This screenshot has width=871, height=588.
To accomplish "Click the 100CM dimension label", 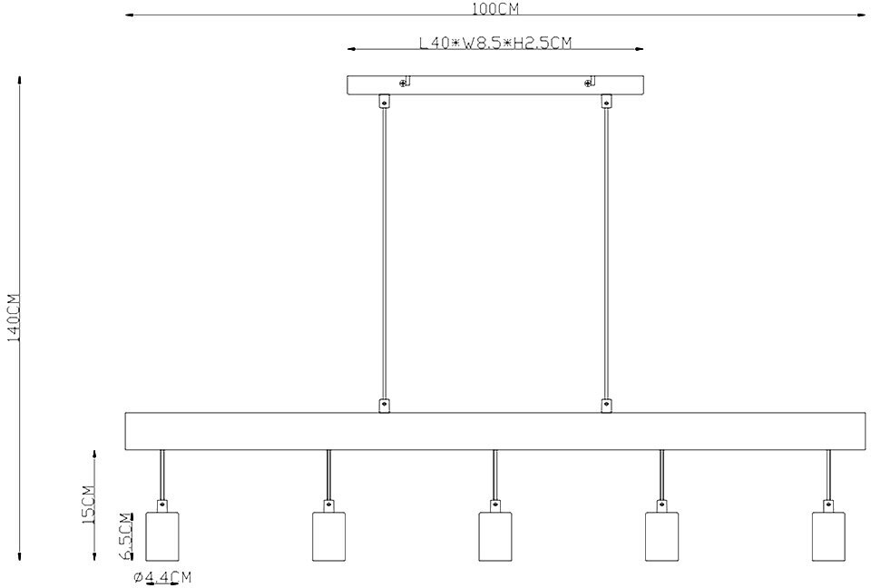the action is pyautogui.click(x=494, y=9).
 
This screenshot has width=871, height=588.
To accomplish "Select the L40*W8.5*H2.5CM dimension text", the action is pyautogui.click(x=495, y=43).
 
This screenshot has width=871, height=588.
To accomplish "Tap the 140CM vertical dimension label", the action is pyautogui.click(x=14, y=318).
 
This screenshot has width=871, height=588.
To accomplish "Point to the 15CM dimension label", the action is pyautogui.click(x=89, y=505).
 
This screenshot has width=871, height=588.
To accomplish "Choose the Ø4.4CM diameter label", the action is pyautogui.click(x=162, y=577).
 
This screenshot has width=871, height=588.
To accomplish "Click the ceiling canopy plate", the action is pyautogui.click(x=495, y=84).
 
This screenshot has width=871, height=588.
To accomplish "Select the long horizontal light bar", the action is pyautogui.click(x=494, y=431).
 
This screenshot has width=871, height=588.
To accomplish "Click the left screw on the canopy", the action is pyautogui.click(x=404, y=83).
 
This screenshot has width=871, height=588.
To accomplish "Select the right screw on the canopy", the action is pyautogui.click(x=589, y=83).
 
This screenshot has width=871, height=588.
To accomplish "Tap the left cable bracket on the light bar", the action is pyautogui.click(x=384, y=406).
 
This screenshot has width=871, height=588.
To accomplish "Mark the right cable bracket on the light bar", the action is pyautogui.click(x=606, y=406).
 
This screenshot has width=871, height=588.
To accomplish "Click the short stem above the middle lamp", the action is pyautogui.click(x=494, y=474).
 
